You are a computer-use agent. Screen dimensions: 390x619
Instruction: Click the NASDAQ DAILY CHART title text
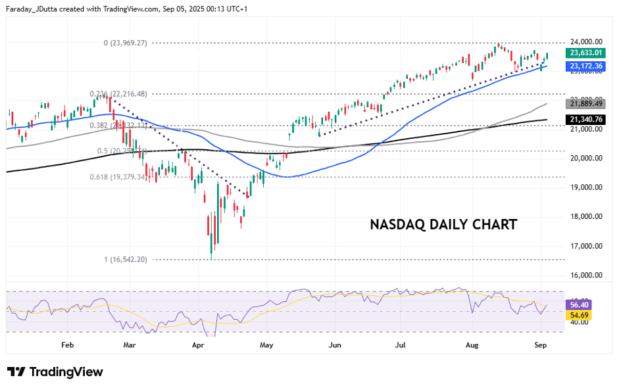443,224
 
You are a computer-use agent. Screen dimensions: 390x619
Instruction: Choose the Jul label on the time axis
400,344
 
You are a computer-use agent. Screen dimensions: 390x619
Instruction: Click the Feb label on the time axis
67,344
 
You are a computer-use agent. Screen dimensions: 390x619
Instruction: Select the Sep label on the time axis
540,344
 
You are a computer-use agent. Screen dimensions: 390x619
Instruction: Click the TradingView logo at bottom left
55,372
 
